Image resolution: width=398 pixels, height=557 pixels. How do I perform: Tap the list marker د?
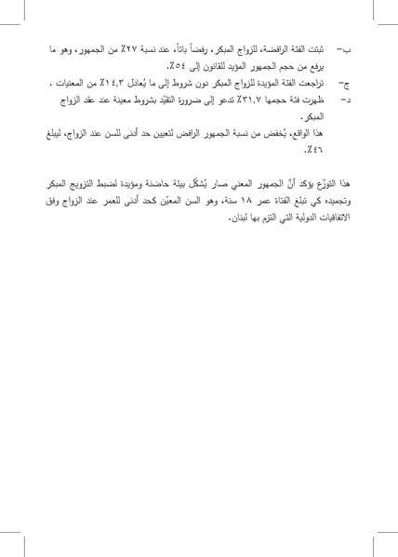tap(345, 98)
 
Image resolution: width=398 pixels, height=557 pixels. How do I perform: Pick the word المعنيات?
tap(64, 83)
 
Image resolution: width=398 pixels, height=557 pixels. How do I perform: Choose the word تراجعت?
tap(311, 83)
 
